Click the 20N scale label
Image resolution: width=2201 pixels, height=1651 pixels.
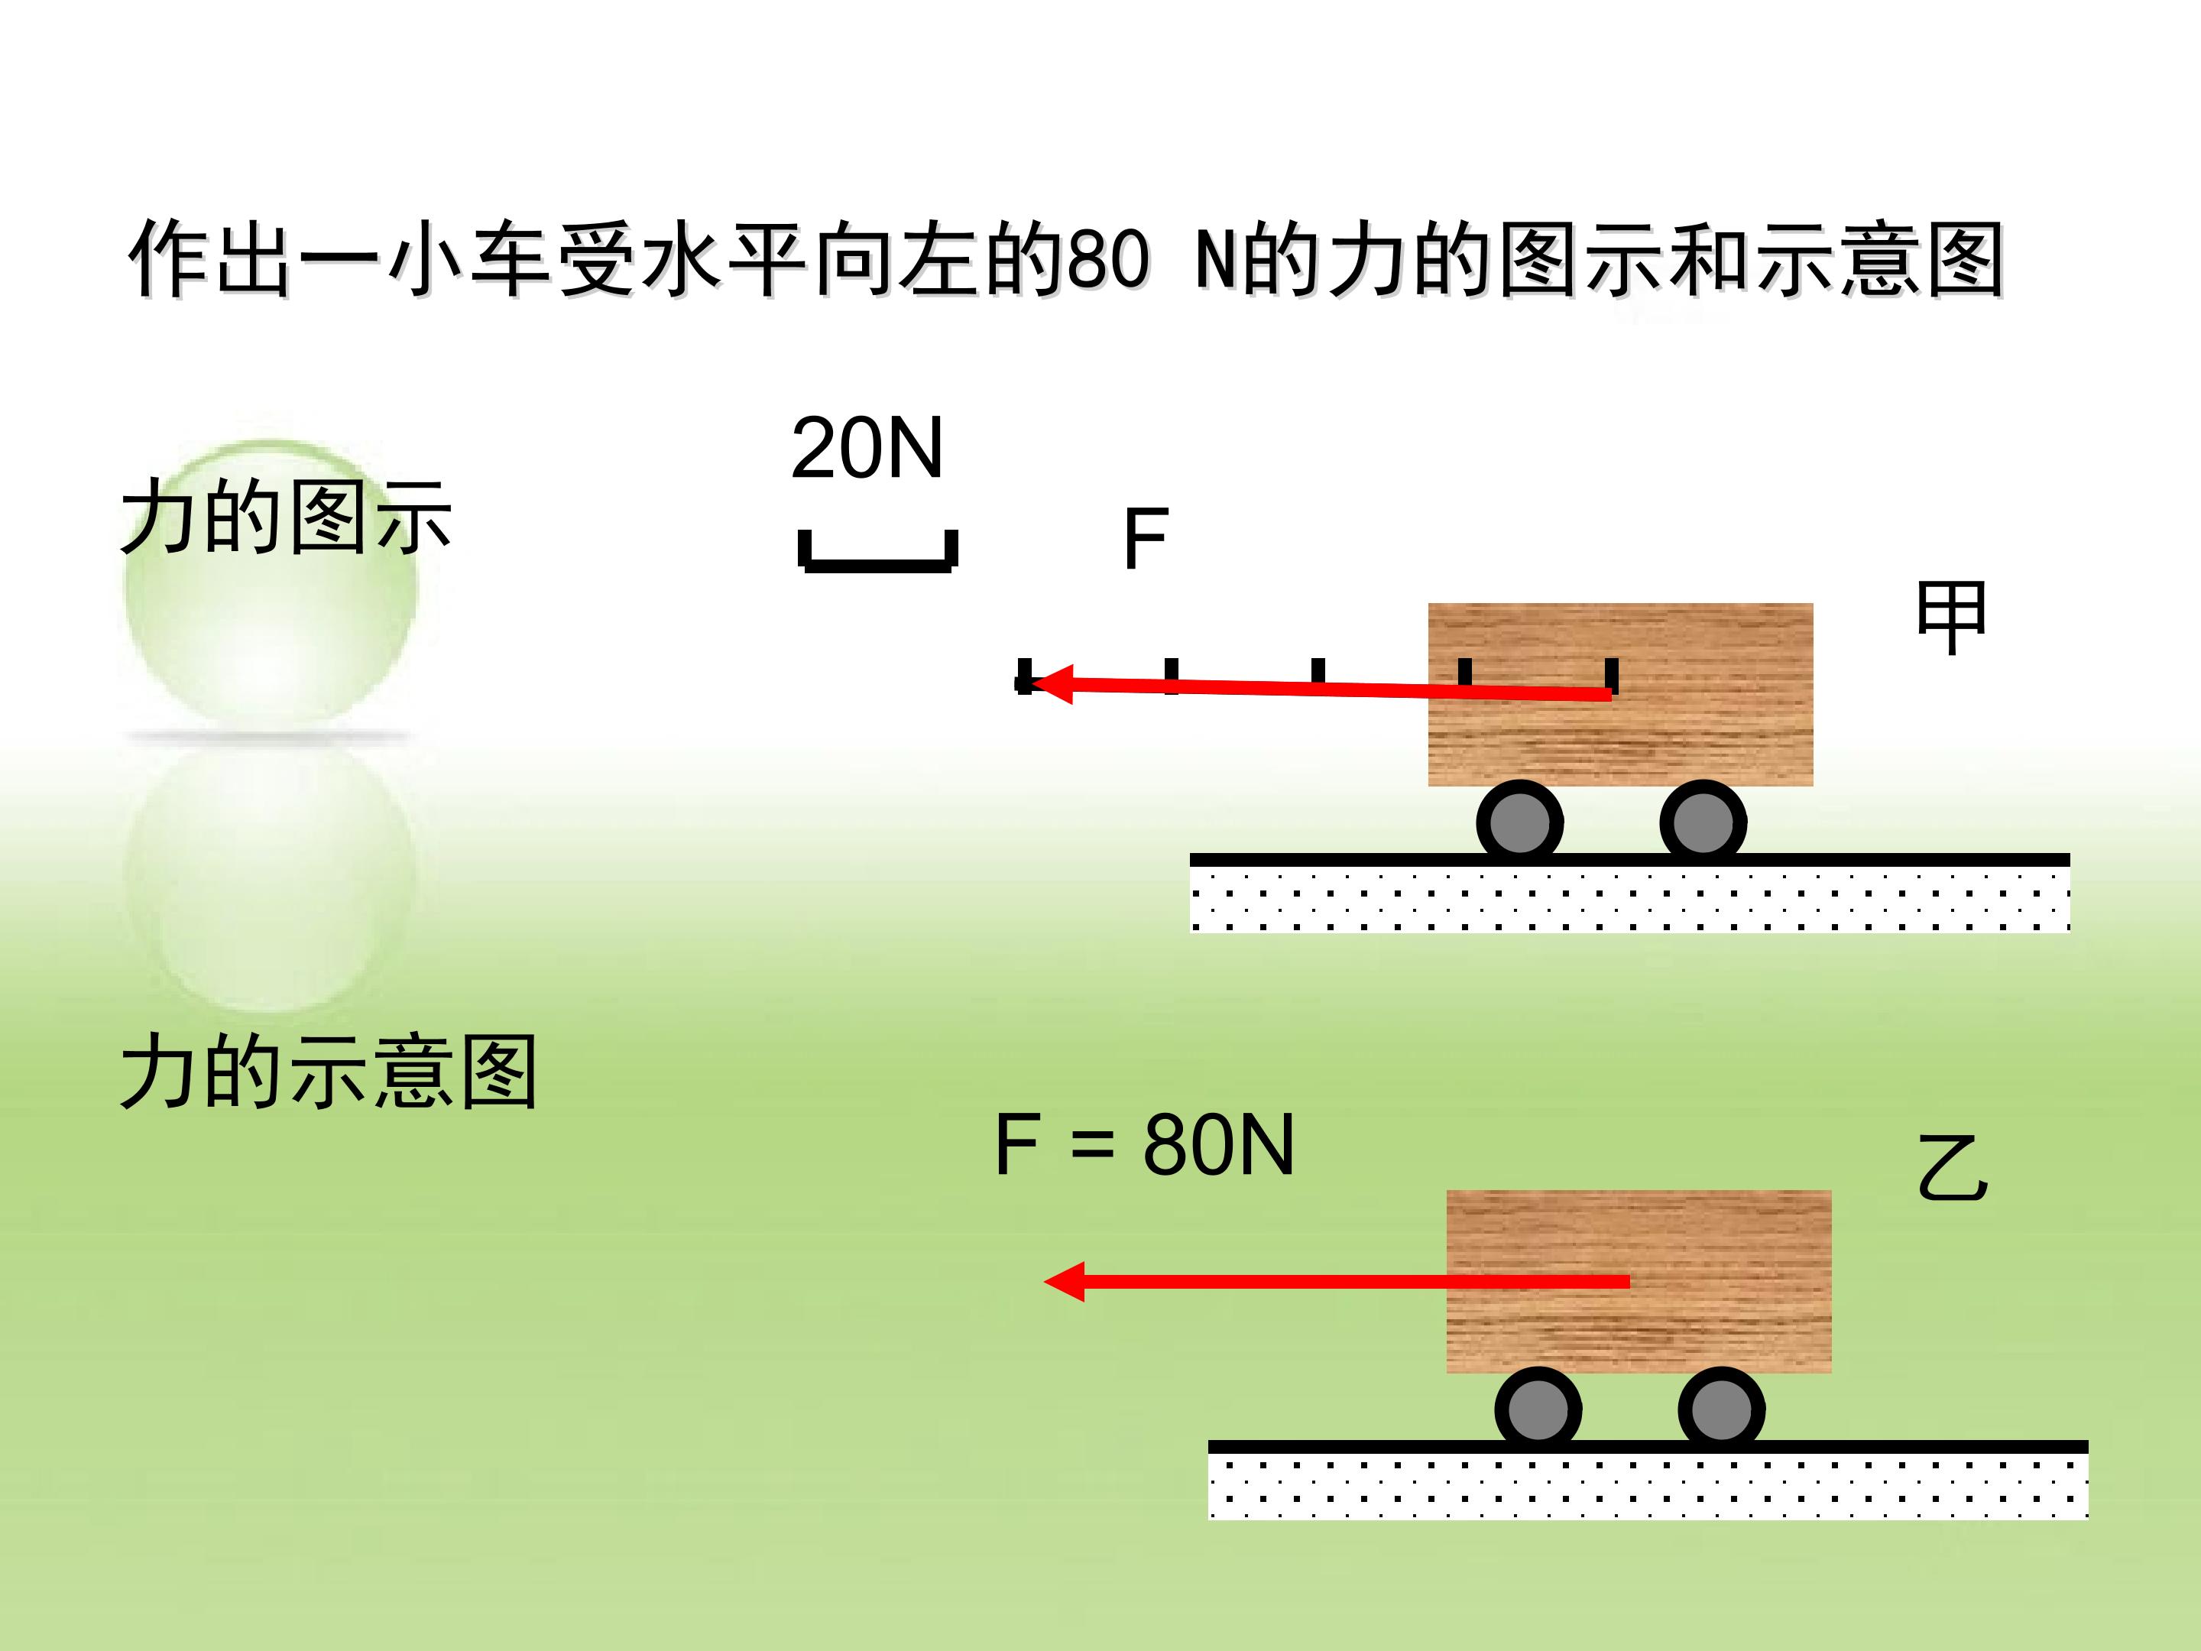click(867, 448)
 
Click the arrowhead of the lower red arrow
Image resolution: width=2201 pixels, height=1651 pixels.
click(1064, 1282)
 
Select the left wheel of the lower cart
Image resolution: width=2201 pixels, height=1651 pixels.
click(1538, 1410)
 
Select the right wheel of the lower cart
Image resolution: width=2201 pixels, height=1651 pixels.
click(1721, 1410)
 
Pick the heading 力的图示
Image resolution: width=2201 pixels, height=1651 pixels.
click(287, 517)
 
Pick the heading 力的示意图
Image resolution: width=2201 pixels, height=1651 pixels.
click(329, 1072)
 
